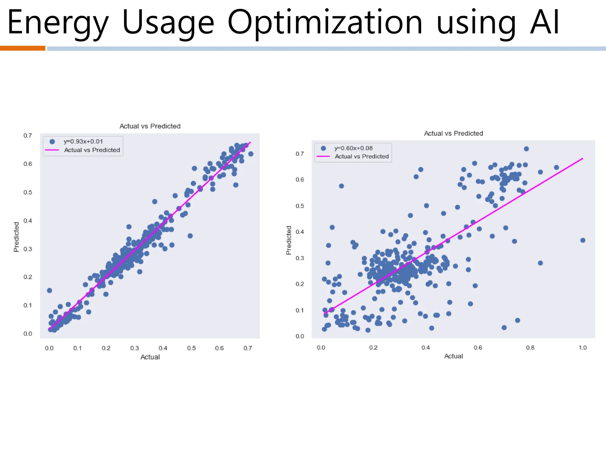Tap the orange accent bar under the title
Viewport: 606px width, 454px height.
(x=22, y=48)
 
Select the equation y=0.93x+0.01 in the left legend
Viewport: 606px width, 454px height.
(x=83, y=142)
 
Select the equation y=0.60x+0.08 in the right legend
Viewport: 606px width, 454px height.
(x=353, y=148)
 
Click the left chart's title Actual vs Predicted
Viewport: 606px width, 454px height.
(x=150, y=126)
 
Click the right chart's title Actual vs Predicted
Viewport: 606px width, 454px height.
(x=453, y=133)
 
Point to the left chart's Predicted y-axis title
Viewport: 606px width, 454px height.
(x=16, y=237)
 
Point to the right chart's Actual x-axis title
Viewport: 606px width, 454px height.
(x=453, y=356)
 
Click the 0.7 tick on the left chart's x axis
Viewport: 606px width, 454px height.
(x=248, y=348)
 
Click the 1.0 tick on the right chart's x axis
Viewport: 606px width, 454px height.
(x=582, y=348)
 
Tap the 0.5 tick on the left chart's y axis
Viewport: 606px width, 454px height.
(x=28, y=192)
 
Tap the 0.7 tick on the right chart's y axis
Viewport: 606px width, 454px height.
(x=300, y=154)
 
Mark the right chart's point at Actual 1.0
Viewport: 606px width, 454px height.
(x=583, y=240)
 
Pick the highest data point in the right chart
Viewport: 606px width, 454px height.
(x=526, y=149)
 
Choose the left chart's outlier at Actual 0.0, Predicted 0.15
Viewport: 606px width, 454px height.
(x=49, y=290)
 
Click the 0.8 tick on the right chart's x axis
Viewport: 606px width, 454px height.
(x=530, y=348)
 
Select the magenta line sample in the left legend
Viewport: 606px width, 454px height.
(x=52, y=150)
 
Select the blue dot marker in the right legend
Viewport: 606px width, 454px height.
(x=323, y=148)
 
